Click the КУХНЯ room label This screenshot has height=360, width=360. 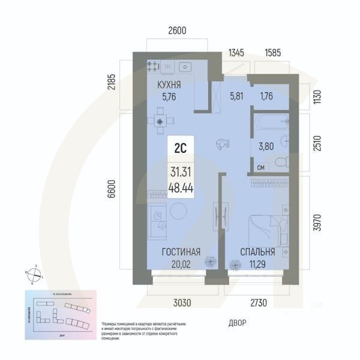169,84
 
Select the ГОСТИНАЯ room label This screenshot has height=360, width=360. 181,252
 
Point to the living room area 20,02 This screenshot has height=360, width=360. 181,262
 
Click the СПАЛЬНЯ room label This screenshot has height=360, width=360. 257,252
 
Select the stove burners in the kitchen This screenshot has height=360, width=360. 152,66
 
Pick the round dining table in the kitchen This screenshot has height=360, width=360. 160,121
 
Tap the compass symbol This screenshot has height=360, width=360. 35,274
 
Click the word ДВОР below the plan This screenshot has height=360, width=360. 238,322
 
